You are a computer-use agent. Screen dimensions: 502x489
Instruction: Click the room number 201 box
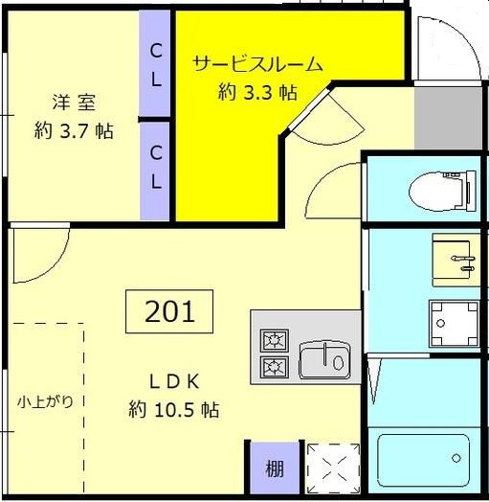tap(169, 310)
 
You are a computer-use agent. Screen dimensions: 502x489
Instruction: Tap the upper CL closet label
tap(155, 51)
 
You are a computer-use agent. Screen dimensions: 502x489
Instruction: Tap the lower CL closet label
tap(155, 166)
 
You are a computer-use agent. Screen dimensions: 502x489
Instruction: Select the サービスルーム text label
tap(256, 64)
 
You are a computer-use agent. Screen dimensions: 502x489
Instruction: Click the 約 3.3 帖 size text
tap(256, 93)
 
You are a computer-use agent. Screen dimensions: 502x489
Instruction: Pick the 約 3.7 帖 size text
tap(74, 132)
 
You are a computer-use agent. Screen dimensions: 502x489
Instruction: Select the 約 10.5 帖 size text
tap(174, 410)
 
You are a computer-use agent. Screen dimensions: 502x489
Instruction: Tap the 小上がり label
tap(45, 401)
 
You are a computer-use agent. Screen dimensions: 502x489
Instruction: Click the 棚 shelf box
tap(275, 469)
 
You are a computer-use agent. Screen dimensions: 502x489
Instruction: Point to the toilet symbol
tap(442, 191)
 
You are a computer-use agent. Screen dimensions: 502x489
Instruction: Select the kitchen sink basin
tap(324, 360)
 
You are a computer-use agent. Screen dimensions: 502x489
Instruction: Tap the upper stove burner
tap(275, 340)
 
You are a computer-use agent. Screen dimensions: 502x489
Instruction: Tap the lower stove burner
tap(275, 366)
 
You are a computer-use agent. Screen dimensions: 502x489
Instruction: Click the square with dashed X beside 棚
tap(332, 469)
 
